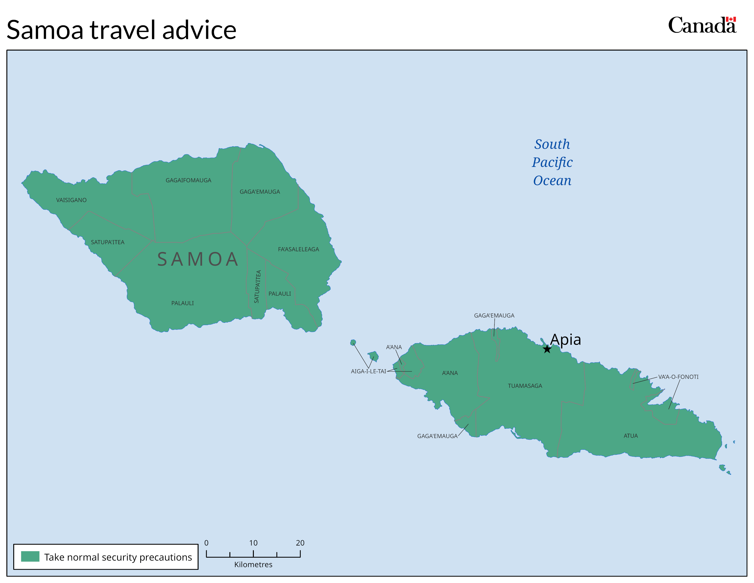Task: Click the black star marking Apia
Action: tap(547, 349)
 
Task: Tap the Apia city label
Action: tap(565, 340)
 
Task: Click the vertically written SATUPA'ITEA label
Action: tap(258, 287)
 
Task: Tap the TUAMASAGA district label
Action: tap(525, 386)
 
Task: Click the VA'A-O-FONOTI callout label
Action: tap(678, 377)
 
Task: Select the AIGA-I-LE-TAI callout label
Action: tap(368, 371)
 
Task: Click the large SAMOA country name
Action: tap(198, 259)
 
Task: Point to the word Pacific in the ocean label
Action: tap(552, 162)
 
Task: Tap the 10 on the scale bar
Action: tap(253, 543)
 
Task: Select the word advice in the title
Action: tap(199, 30)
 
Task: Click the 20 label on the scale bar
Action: tap(300, 543)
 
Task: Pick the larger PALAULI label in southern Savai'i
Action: tap(182, 303)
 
